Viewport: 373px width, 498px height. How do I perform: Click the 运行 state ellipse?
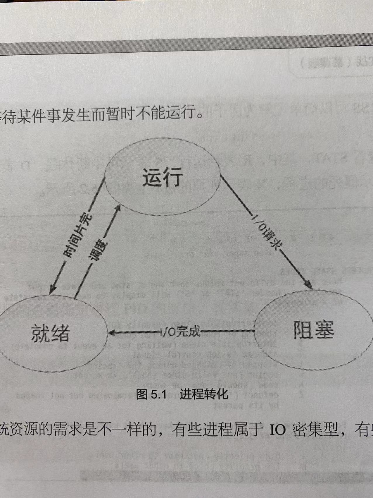coord(163,177)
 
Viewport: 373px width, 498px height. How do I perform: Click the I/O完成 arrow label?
coord(180,332)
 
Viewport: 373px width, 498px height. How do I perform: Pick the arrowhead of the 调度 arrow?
coord(118,208)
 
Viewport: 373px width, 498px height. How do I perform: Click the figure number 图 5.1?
coord(151,395)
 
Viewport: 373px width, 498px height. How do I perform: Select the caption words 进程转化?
coord(204,394)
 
